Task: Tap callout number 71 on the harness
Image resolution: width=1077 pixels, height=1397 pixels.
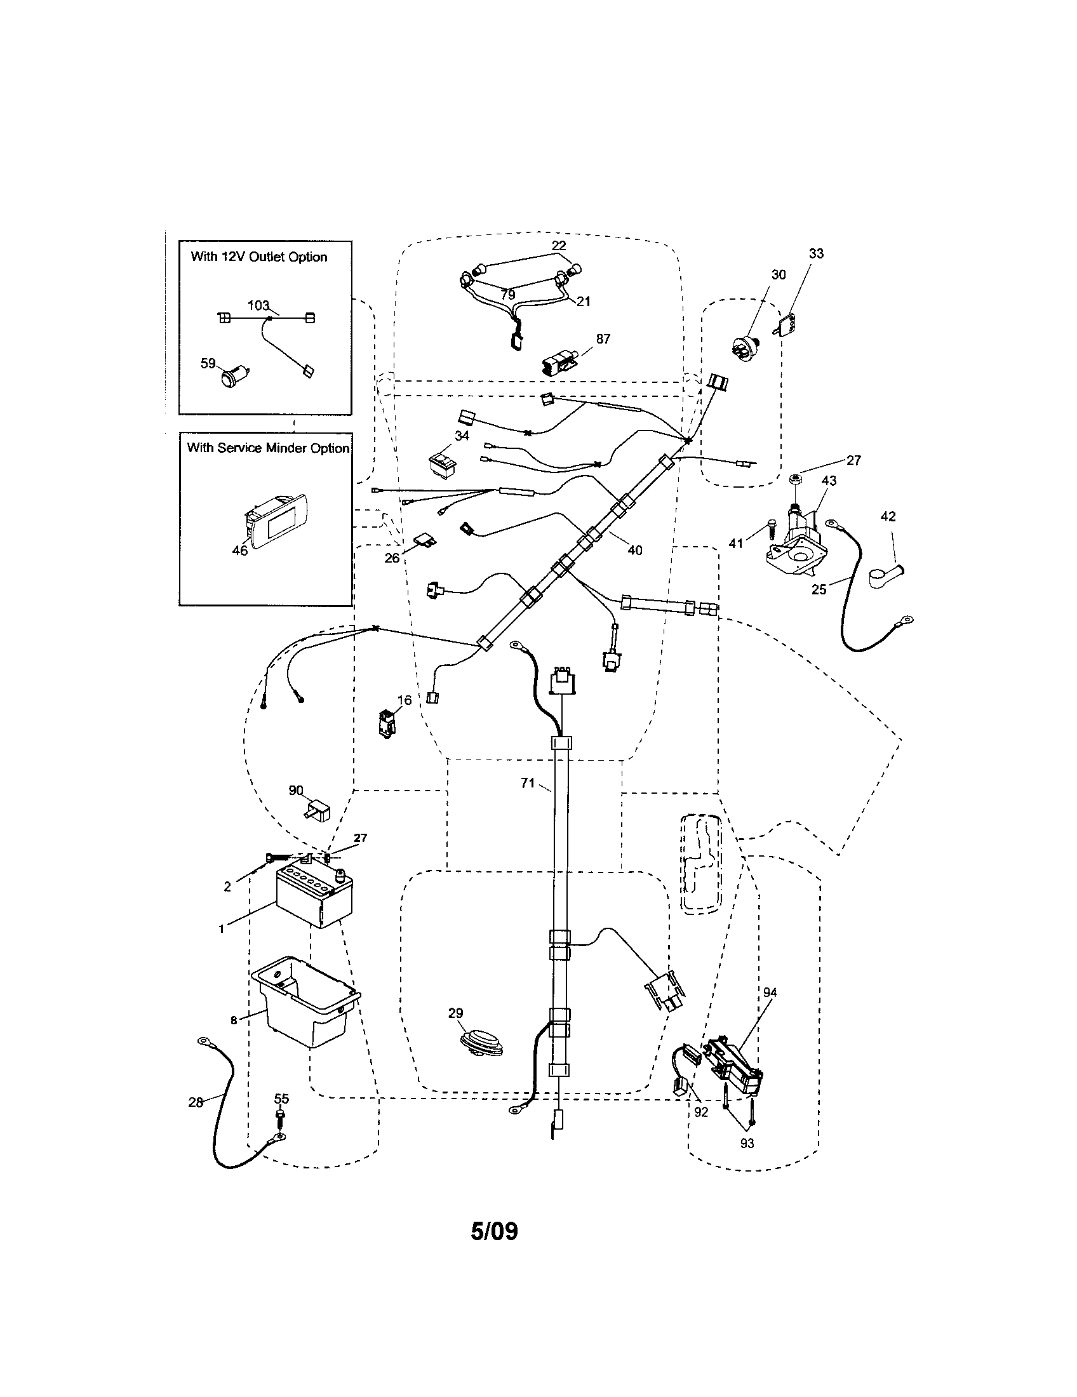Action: (x=527, y=783)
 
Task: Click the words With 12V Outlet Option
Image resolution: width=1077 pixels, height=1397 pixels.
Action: (x=259, y=257)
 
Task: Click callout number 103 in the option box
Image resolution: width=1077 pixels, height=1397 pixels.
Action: (x=258, y=306)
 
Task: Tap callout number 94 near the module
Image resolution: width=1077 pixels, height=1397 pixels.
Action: (x=770, y=992)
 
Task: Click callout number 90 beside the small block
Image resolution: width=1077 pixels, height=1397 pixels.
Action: (x=295, y=791)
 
